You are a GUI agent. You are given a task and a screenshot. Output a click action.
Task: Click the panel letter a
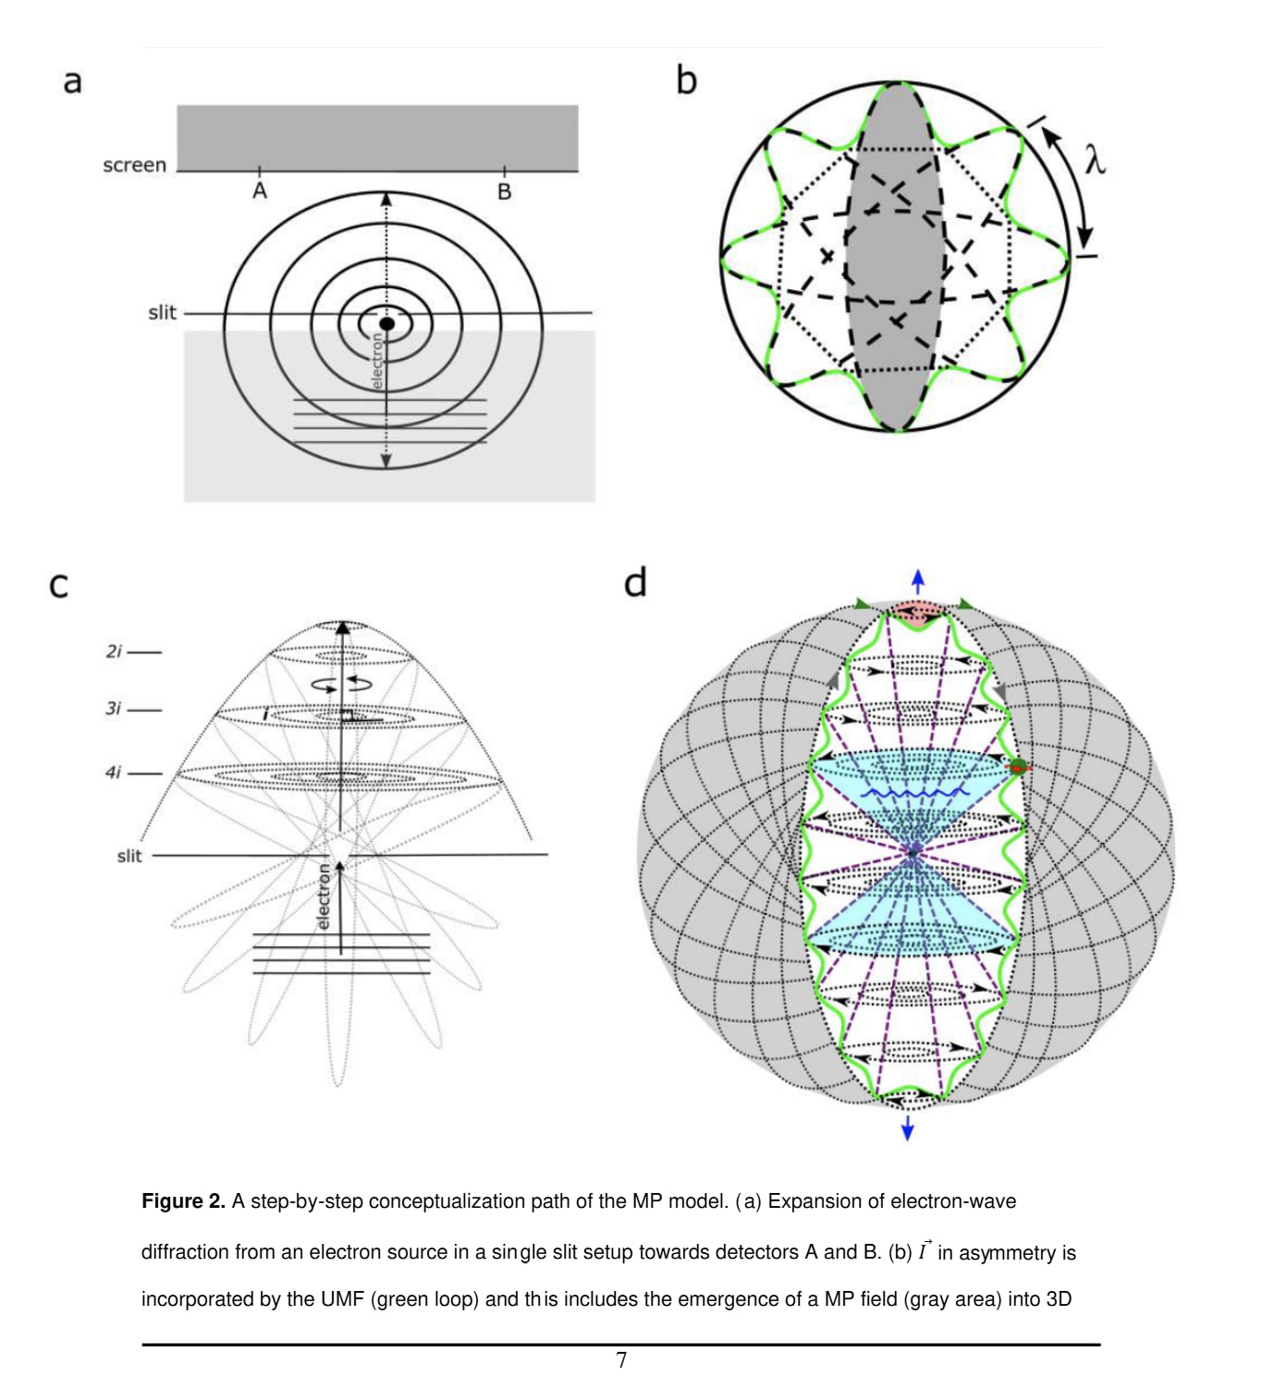[72, 81]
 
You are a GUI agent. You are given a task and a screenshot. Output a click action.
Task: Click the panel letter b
[686, 80]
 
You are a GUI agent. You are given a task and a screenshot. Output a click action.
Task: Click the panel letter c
[58, 585]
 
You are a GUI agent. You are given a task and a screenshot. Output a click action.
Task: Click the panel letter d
[635, 582]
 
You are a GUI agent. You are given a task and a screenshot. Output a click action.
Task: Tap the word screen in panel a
[134, 165]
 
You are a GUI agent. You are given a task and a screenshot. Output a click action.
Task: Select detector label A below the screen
[260, 191]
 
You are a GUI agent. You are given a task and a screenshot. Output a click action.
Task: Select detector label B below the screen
[504, 192]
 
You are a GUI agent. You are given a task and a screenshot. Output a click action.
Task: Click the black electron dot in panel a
[386, 323]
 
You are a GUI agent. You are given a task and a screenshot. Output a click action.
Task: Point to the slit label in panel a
[162, 312]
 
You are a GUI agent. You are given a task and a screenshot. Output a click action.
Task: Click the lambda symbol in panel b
[1095, 161]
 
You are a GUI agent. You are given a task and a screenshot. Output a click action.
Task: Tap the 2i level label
[114, 651]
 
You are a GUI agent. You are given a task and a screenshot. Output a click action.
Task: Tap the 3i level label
[114, 709]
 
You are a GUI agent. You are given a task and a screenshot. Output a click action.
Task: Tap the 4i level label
[114, 772]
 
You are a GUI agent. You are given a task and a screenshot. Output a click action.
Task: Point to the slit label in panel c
[129, 856]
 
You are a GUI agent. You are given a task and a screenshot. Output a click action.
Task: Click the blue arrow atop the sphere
[917, 581]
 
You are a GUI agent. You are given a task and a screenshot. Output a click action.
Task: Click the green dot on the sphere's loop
[1018, 766]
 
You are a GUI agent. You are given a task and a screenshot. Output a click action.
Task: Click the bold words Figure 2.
[183, 1201]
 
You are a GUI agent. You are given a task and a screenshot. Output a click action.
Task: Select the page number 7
[621, 1359]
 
